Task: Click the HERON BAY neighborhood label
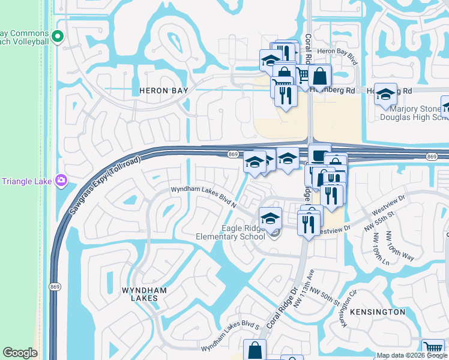[x=164, y=91]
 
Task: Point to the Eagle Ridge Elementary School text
[x=231, y=232]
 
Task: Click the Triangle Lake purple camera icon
[x=61, y=179]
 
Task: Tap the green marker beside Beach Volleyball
[x=58, y=37]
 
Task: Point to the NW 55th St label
[x=380, y=220]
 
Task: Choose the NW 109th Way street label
[x=400, y=245]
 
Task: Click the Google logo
[x=20, y=353]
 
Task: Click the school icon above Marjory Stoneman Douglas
[x=385, y=94]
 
